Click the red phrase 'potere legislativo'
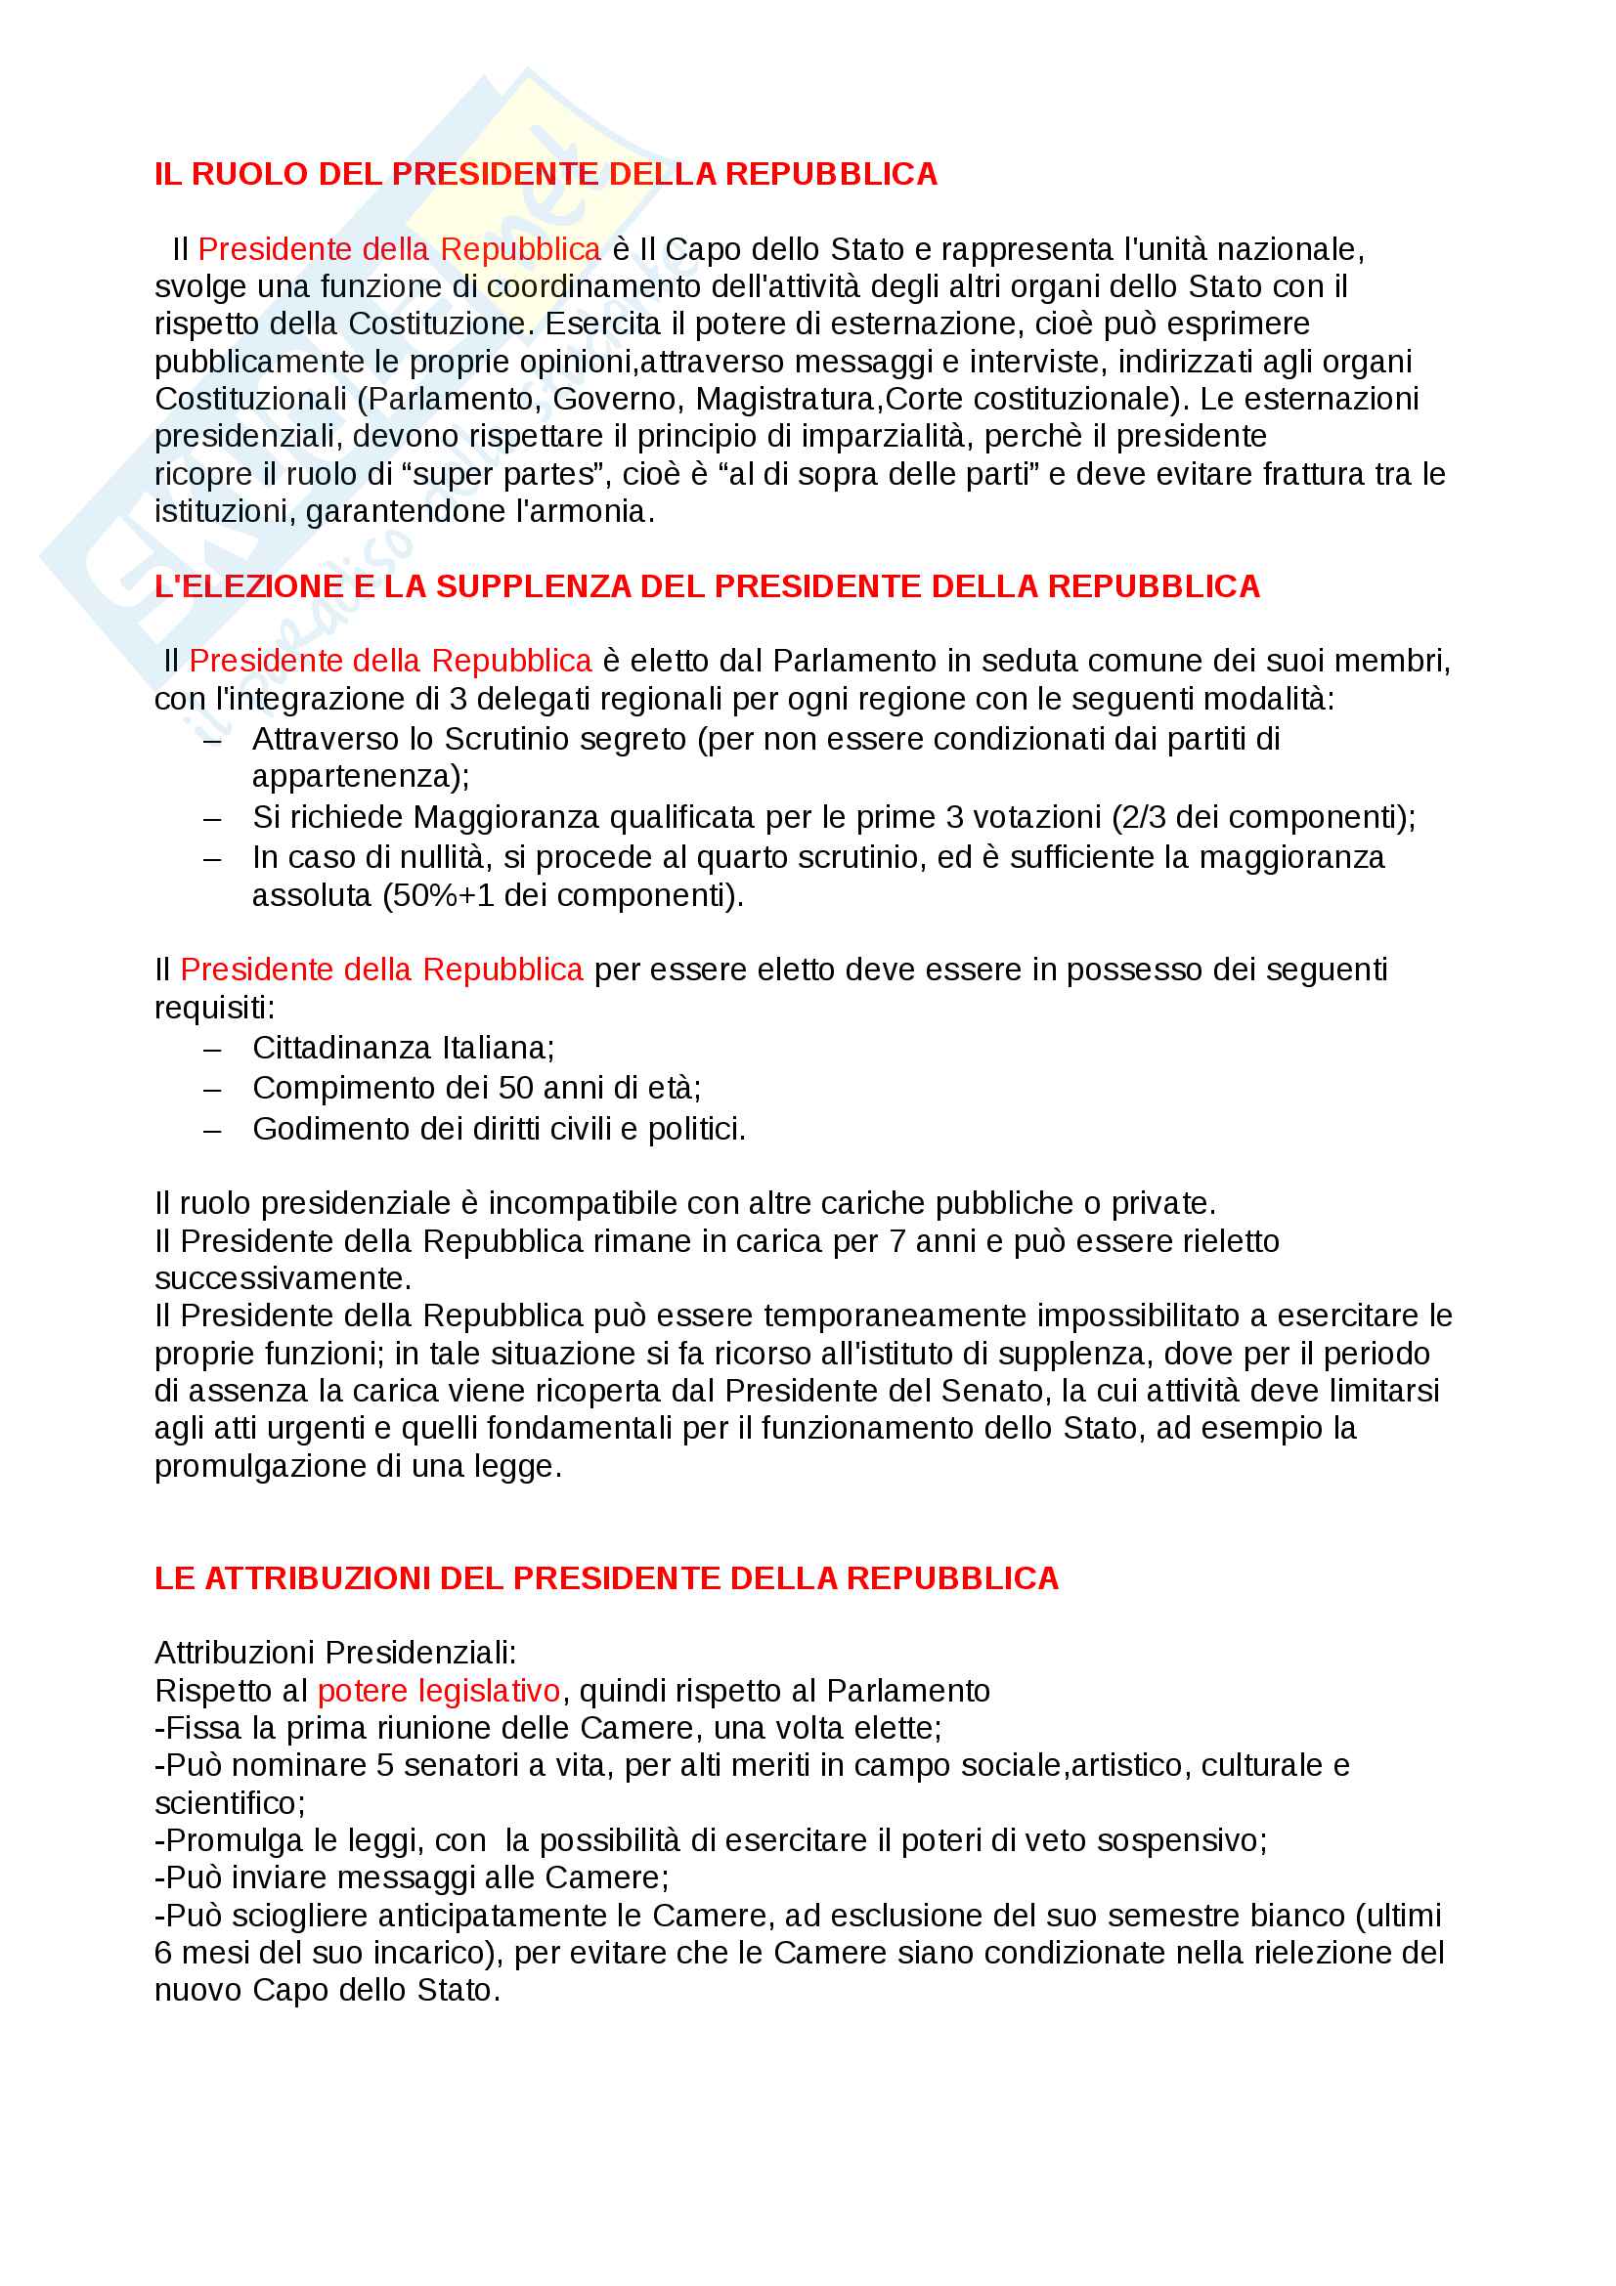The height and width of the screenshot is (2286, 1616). (x=438, y=1691)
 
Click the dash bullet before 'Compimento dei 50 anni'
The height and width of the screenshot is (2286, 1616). (x=212, y=1089)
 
